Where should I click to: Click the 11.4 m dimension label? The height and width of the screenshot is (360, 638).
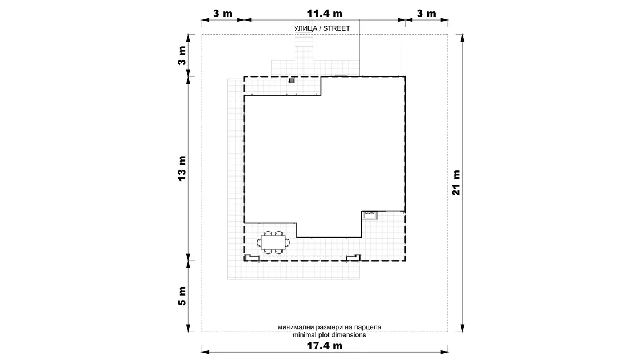[324, 14]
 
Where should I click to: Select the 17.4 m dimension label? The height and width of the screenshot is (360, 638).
[324, 346]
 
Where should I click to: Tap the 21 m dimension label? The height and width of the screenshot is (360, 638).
[456, 183]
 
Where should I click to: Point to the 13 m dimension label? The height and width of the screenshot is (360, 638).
[182, 169]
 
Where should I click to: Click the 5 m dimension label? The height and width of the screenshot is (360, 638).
[182, 296]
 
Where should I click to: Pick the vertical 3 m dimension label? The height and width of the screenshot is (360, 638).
[182, 56]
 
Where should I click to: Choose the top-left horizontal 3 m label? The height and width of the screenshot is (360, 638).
[223, 14]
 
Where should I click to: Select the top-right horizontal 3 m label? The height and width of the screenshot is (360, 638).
[426, 14]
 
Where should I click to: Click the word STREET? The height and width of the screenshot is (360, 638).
[337, 28]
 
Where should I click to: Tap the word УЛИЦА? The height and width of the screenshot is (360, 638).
[305, 28]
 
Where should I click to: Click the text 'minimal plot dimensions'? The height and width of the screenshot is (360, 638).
[329, 335]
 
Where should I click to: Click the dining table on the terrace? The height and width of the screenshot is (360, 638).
[274, 243]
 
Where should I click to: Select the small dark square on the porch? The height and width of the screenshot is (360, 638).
[291, 80]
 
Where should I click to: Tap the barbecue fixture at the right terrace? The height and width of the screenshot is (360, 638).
[370, 215]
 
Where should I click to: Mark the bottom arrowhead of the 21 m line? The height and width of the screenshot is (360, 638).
[462, 328]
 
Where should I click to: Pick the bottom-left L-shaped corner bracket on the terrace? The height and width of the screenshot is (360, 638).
[251, 257]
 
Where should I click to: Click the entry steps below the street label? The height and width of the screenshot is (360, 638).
[304, 40]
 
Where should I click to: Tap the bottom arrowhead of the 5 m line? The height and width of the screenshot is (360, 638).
[189, 328]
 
